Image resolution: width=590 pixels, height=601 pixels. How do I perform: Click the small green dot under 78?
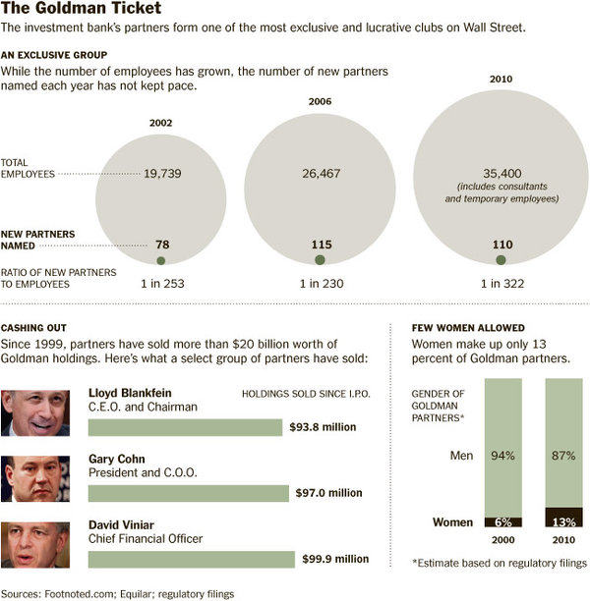click(x=161, y=260)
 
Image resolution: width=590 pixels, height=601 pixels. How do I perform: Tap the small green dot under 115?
click(x=320, y=260)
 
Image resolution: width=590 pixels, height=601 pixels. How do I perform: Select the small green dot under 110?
click(x=501, y=260)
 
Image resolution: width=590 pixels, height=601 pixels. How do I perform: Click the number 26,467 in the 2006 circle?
click(x=320, y=172)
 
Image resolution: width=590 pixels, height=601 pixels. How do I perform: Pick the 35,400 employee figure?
click(x=501, y=172)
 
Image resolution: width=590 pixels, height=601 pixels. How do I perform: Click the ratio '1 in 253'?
click(x=161, y=284)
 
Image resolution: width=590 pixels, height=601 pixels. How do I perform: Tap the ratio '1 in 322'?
click(x=501, y=284)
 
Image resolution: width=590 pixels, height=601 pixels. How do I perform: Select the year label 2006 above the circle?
click(x=320, y=101)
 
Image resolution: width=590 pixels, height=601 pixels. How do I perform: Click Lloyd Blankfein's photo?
click(x=35, y=412)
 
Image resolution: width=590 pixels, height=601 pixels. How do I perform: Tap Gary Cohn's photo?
click(x=35, y=478)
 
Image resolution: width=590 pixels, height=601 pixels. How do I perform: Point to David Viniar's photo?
click(x=35, y=544)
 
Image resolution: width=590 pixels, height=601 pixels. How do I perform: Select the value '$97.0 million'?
click(x=329, y=493)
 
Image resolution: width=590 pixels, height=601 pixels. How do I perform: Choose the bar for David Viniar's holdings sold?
click(x=191, y=559)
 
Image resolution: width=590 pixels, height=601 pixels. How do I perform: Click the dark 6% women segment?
click(x=503, y=522)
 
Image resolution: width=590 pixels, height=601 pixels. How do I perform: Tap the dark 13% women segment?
click(x=564, y=518)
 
